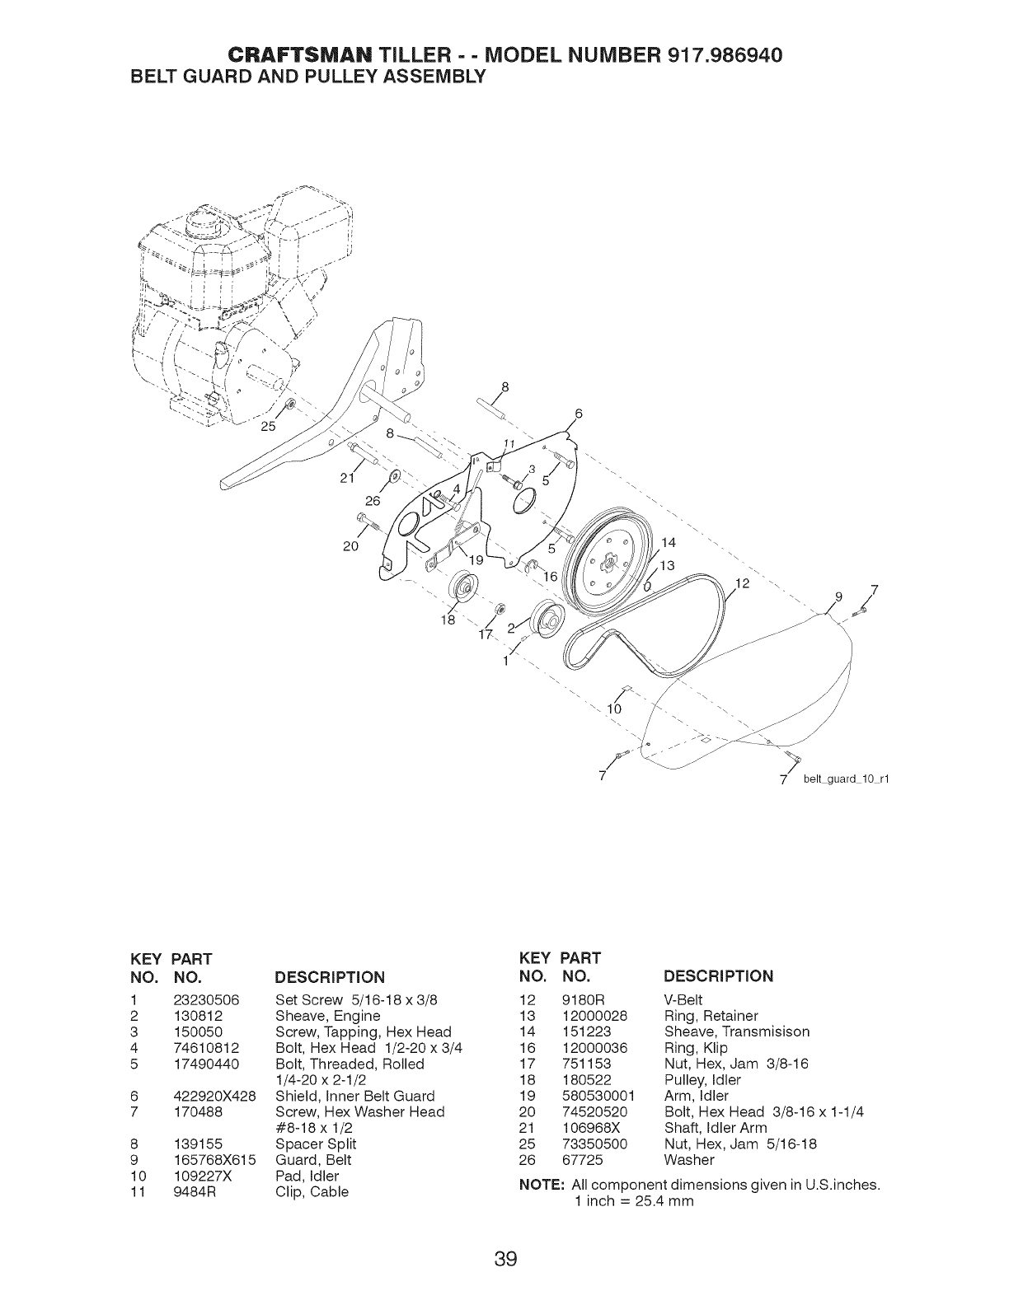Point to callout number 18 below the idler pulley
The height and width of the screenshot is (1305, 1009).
coord(449,620)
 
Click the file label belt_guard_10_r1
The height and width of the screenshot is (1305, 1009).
coord(846,780)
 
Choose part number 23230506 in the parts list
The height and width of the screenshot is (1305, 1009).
coord(206,1000)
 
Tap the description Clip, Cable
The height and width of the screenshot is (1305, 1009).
coord(312,1192)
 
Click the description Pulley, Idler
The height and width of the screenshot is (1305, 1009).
coord(702,1080)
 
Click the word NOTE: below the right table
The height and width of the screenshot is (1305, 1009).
coord(541,1186)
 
